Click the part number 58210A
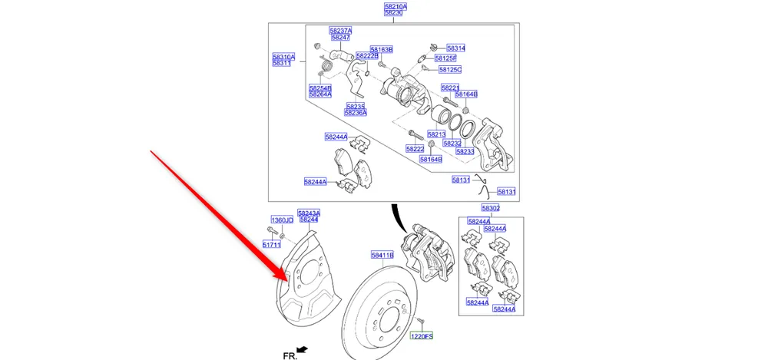(x=396, y=6)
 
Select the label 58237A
(x=340, y=30)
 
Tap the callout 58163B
(x=381, y=49)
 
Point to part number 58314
(x=455, y=48)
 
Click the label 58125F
(x=445, y=58)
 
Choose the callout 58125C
(x=449, y=70)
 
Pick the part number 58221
(x=450, y=88)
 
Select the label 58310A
(x=283, y=57)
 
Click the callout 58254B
(x=320, y=88)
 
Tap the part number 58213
(x=436, y=134)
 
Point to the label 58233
(x=465, y=151)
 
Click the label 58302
(x=491, y=208)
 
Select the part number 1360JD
(x=283, y=220)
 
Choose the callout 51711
(x=272, y=245)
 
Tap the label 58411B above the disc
(x=382, y=255)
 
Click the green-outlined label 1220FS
(x=421, y=336)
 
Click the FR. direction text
(x=290, y=355)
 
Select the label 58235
(x=354, y=106)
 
